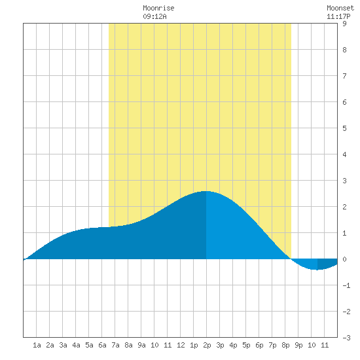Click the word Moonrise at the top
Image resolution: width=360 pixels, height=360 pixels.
(x=158, y=8)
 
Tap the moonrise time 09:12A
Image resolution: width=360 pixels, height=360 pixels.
(x=154, y=16)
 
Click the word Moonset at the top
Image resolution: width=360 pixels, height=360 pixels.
(x=340, y=8)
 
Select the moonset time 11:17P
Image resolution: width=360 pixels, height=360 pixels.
(x=338, y=16)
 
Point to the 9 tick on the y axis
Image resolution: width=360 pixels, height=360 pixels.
(x=344, y=24)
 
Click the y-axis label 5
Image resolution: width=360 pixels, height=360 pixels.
(x=344, y=128)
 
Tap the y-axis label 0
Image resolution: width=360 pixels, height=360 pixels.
(x=344, y=259)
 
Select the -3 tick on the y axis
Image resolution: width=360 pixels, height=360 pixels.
(x=346, y=338)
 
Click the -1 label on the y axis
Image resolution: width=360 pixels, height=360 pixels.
(x=346, y=285)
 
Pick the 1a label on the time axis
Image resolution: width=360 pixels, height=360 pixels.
(x=37, y=345)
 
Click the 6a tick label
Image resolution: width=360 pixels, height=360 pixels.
(x=102, y=345)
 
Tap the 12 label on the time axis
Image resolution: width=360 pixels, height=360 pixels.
(x=181, y=345)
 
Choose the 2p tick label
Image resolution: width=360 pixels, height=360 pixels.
(x=207, y=345)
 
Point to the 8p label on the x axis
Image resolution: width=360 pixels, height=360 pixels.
(x=285, y=345)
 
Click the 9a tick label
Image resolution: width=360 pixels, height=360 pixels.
(x=141, y=345)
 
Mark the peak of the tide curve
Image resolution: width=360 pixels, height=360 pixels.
(x=206, y=191)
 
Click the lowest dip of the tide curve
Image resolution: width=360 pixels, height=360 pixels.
(x=317, y=270)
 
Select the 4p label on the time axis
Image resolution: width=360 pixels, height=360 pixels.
(x=233, y=345)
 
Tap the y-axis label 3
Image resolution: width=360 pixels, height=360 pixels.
(x=344, y=181)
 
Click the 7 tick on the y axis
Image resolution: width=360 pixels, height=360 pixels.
(x=344, y=76)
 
